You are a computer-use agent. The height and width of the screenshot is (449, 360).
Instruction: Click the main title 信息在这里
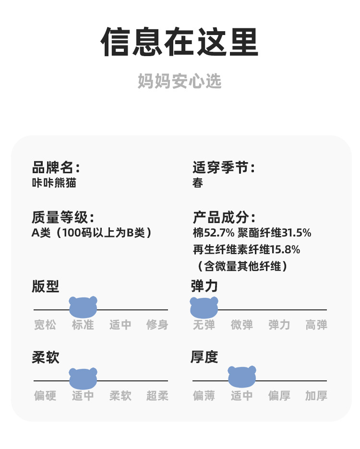pyautogui.click(x=180, y=42)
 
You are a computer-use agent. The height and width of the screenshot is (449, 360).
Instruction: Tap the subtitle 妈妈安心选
pyautogui.click(x=180, y=81)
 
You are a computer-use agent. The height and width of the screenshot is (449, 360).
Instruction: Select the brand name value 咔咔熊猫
pyautogui.click(x=54, y=183)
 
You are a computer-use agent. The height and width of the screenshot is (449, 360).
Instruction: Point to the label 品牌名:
pyautogui.click(x=56, y=168)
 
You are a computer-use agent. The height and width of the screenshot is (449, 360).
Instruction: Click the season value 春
pyautogui.click(x=198, y=183)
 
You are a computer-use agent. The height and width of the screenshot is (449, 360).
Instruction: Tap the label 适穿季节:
pyautogui.click(x=224, y=168)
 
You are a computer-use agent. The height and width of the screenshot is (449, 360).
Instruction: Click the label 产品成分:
pyautogui.click(x=224, y=217)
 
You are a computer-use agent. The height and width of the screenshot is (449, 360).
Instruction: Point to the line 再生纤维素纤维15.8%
pyautogui.click(x=246, y=249)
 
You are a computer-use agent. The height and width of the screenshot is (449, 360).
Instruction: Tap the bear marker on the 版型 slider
pyautogui.click(x=83, y=307)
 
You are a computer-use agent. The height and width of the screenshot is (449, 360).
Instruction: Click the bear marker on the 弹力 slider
pyautogui.click(x=204, y=307)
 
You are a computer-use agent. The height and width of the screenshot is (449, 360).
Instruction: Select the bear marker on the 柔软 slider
pyautogui.click(x=83, y=378)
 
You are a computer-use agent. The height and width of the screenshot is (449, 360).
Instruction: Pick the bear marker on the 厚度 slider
pyautogui.click(x=242, y=377)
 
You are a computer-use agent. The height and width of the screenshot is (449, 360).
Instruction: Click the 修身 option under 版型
pyautogui.click(x=157, y=325)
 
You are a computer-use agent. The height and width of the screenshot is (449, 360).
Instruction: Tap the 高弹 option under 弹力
pyautogui.click(x=316, y=325)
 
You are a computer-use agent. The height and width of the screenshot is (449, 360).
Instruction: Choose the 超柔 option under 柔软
pyautogui.click(x=157, y=396)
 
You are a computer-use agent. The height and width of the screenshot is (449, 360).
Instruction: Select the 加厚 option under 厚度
pyautogui.click(x=316, y=396)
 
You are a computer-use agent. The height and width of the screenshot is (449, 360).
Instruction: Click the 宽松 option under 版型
pyautogui.click(x=45, y=325)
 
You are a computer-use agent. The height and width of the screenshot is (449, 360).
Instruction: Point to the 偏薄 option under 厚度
pyautogui.click(x=204, y=396)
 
